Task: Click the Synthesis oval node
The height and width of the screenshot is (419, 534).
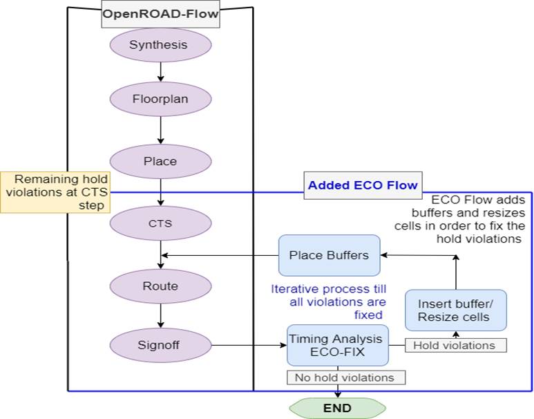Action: click(x=160, y=45)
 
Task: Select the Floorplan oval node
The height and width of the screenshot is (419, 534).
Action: click(x=160, y=99)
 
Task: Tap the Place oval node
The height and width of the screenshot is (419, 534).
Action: click(x=160, y=161)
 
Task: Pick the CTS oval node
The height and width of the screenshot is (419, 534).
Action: click(x=160, y=223)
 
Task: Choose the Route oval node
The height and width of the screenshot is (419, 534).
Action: click(x=160, y=286)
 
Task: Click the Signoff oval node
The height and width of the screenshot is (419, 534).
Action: click(x=160, y=344)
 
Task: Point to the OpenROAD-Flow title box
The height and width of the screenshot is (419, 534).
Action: click(x=160, y=14)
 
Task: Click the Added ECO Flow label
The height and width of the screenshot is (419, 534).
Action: click(x=363, y=185)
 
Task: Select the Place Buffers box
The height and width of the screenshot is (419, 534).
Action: click(x=328, y=255)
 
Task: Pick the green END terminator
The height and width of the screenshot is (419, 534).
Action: click(x=337, y=408)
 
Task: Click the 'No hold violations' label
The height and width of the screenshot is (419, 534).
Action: click(x=345, y=378)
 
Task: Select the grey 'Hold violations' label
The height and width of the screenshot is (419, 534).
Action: click(x=455, y=344)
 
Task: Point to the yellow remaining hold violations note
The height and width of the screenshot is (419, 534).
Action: click(x=55, y=192)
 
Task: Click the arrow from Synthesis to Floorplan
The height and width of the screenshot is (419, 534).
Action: click(x=160, y=72)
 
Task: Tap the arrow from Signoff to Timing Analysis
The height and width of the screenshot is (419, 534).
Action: click(x=249, y=344)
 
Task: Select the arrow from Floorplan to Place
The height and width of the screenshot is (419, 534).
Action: click(x=160, y=130)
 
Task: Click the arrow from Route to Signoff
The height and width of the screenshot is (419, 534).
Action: click(x=160, y=315)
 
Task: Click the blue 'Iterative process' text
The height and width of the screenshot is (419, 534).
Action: click(x=328, y=301)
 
